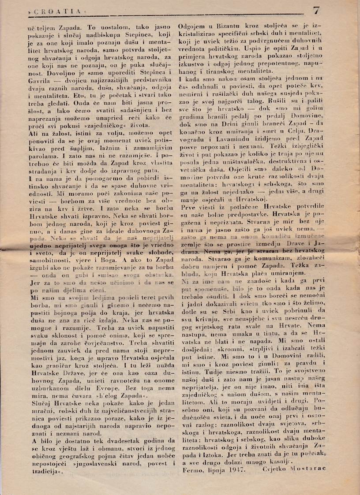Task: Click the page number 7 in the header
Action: (x=316, y=10)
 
